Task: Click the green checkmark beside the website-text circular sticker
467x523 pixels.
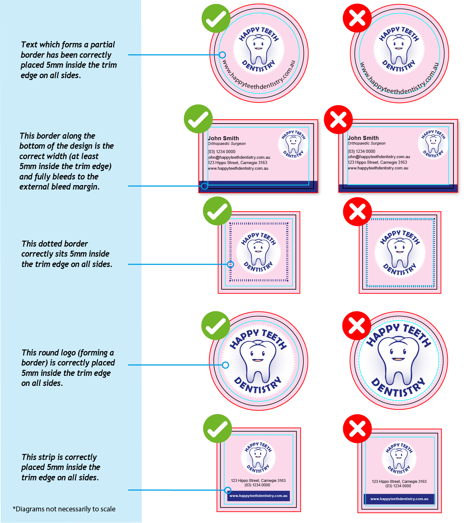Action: click(x=216, y=18)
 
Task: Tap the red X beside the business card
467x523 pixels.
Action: click(x=338, y=120)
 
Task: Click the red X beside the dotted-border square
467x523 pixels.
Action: click(x=357, y=211)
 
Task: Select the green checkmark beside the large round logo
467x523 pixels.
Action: click(x=216, y=326)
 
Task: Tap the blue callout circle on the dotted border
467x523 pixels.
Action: click(x=230, y=264)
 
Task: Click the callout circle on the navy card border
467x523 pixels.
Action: click(x=204, y=186)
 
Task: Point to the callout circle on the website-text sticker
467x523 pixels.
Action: click(x=222, y=55)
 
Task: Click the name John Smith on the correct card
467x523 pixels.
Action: click(x=223, y=138)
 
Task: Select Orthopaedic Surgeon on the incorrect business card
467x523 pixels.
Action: click(x=366, y=143)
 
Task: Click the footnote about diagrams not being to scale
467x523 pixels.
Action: click(x=64, y=509)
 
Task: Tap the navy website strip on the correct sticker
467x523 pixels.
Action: click(x=258, y=496)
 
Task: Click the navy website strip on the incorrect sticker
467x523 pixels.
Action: click(x=399, y=499)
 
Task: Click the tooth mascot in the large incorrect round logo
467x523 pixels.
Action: click(x=398, y=361)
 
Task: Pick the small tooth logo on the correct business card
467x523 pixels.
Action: click(x=293, y=144)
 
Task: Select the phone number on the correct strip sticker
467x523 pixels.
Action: click(x=257, y=485)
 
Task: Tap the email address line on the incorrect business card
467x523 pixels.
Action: click(x=379, y=157)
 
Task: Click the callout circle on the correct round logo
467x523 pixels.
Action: click(x=225, y=365)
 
